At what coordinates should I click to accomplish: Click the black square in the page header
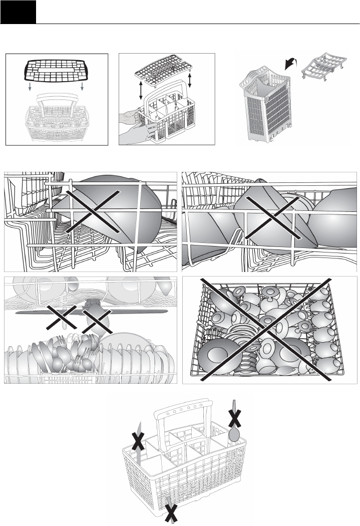18,12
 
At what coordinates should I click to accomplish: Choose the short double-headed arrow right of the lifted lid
190,79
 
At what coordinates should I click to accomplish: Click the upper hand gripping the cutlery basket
131,115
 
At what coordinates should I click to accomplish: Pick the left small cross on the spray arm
62,317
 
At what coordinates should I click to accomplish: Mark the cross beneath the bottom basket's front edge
172,514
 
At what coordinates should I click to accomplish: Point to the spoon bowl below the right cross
233,434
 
